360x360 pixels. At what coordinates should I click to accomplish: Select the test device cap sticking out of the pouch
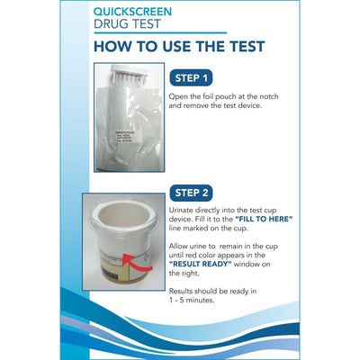pos(124,79)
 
